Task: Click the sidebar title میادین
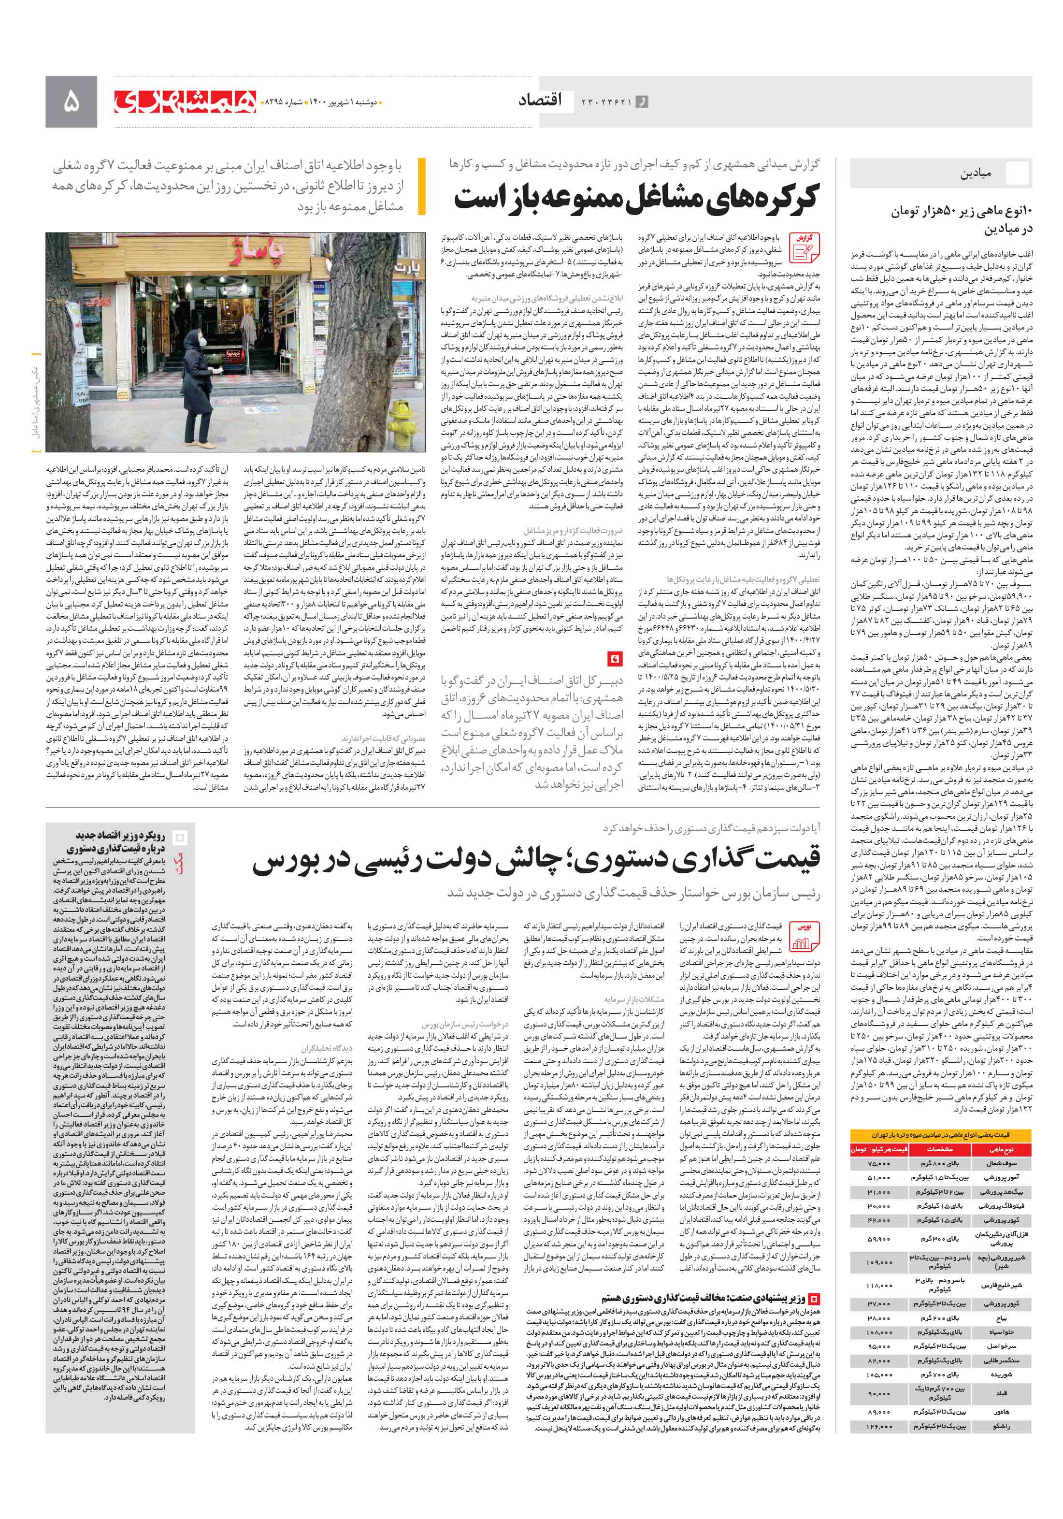click(x=975, y=174)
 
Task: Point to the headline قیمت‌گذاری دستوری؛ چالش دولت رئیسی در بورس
click(x=536, y=859)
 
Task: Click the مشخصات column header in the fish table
click(x=938, y=1149)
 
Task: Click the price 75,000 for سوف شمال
click(x=879, y=1163)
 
